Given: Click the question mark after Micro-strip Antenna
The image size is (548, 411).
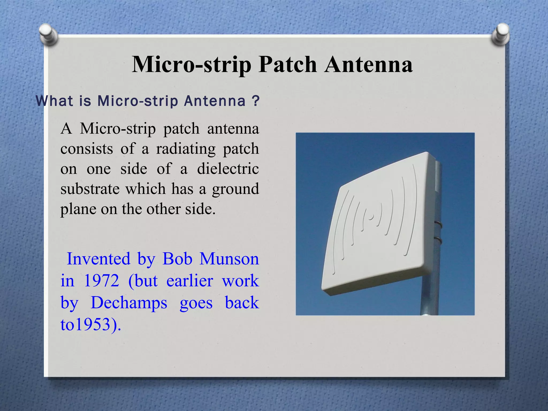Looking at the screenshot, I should tap(256, 101).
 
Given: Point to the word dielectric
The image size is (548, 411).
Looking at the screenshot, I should tap(228, 169).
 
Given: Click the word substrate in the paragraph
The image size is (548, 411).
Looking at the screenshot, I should tap(90, 189).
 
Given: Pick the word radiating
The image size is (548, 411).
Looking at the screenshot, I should tap(186, 149).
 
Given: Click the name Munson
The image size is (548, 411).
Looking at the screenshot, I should tap(229, 259).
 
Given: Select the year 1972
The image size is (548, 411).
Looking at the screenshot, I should tap(101, 281).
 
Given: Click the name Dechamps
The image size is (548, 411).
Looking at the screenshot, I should tap(129, 303).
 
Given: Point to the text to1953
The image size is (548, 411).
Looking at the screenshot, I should tap(86, 325).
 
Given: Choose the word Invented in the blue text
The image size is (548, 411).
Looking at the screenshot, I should tap(98, 259).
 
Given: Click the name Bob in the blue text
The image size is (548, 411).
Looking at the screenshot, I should tap(177, 259).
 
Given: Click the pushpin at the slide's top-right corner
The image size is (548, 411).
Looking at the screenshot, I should tap(500, 34).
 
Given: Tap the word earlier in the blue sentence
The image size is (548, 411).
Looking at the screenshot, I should tap(190, 281).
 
